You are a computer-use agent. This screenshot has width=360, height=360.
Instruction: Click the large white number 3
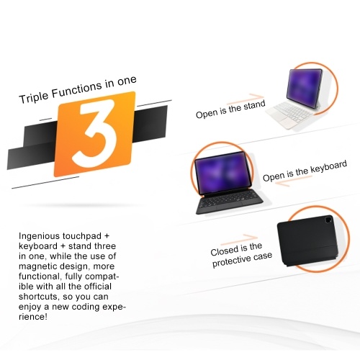95,133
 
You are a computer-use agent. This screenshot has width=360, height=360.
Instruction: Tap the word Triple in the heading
34,96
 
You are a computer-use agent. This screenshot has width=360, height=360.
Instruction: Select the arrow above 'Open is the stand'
246,97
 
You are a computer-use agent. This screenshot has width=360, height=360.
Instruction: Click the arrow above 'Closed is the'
239,239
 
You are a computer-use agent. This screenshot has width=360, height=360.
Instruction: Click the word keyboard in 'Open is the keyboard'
329,167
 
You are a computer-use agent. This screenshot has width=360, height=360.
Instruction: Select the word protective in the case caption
231,261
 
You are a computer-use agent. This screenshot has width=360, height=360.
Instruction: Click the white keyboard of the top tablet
290,114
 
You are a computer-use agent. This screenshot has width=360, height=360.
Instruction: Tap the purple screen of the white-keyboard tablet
304,86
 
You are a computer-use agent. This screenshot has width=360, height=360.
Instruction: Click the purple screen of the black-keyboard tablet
223,173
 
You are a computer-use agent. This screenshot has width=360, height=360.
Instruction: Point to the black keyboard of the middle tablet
230,203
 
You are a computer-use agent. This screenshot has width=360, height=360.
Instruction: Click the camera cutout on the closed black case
328,220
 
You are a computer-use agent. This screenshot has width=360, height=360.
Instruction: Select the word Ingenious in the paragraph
40,236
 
